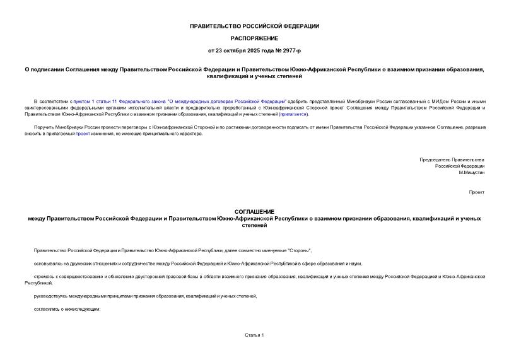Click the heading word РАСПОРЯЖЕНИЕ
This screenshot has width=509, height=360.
[254, 38]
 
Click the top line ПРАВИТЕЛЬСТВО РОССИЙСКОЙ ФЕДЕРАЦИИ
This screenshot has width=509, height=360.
[254, 26]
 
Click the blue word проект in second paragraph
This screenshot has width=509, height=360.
[83, 134]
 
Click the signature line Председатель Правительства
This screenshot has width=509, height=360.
[452, 160]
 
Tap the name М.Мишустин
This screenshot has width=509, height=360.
[471, 172]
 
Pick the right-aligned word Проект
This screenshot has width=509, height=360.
[476, 191]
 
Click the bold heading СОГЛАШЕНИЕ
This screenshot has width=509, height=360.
[254, 212]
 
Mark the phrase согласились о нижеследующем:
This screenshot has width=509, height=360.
[66, 309]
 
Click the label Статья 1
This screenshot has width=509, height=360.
[254, 335]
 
